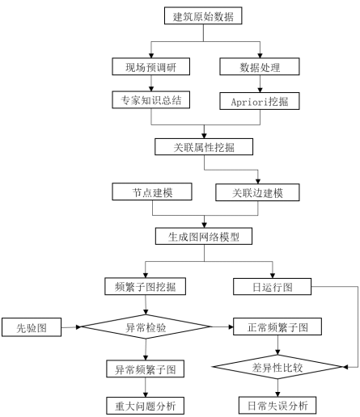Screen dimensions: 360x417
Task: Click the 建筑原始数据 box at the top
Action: click(203, 16)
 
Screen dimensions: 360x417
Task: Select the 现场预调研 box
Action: click(151, 66)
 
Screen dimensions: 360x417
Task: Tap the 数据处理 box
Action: click(260, 66)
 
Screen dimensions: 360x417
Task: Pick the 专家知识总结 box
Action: click(151, 100)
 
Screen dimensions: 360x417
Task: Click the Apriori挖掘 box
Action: click(260, 101)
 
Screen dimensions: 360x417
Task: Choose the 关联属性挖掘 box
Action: click(204, 147)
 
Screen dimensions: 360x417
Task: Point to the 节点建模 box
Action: click(152, 192)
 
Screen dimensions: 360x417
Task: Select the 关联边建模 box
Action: click(257, 192)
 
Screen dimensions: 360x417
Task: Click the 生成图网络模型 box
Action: click(204, 236)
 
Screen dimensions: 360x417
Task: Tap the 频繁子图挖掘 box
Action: click(146, 286)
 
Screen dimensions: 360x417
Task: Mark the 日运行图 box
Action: click(273, 287)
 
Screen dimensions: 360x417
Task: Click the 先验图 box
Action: click(32, 327)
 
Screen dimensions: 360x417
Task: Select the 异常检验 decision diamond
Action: click(146, 326)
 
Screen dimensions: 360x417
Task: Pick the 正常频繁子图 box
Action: click(277, 326)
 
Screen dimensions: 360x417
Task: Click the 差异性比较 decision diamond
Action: click(277, 367)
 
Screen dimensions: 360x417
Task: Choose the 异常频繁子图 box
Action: click(146, 369)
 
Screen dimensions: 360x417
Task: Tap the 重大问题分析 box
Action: click(146, 406)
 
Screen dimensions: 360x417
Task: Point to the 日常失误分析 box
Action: click(277, 405)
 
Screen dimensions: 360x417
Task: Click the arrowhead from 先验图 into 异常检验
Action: click(78, 327)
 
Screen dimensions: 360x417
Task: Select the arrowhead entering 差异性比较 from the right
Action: click(345, 367)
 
